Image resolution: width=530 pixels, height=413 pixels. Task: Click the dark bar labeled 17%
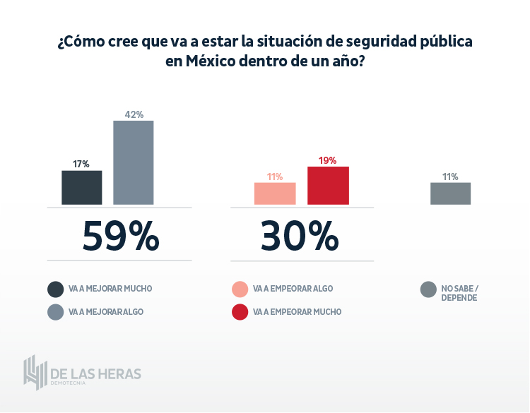pos(82,188)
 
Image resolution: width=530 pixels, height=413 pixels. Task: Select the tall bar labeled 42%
pos(134,162)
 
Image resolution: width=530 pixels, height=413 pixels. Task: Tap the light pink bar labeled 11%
pos(275,193)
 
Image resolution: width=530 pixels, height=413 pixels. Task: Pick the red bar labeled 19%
pos(328,186)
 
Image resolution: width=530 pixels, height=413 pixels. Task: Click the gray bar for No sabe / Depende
pos(450,193)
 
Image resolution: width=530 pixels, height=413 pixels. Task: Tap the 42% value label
pos(134,114)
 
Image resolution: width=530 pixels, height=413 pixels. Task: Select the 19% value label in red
pos(327,160)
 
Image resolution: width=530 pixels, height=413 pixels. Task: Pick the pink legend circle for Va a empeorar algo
pos(240,289)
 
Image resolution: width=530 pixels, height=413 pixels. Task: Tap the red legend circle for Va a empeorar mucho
pos(240,311)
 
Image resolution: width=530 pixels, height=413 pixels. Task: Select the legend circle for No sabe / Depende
pos(428,289)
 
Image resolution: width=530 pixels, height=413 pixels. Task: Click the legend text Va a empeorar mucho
pos(297,311)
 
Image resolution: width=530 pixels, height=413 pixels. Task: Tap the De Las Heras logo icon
pos(35,371)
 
